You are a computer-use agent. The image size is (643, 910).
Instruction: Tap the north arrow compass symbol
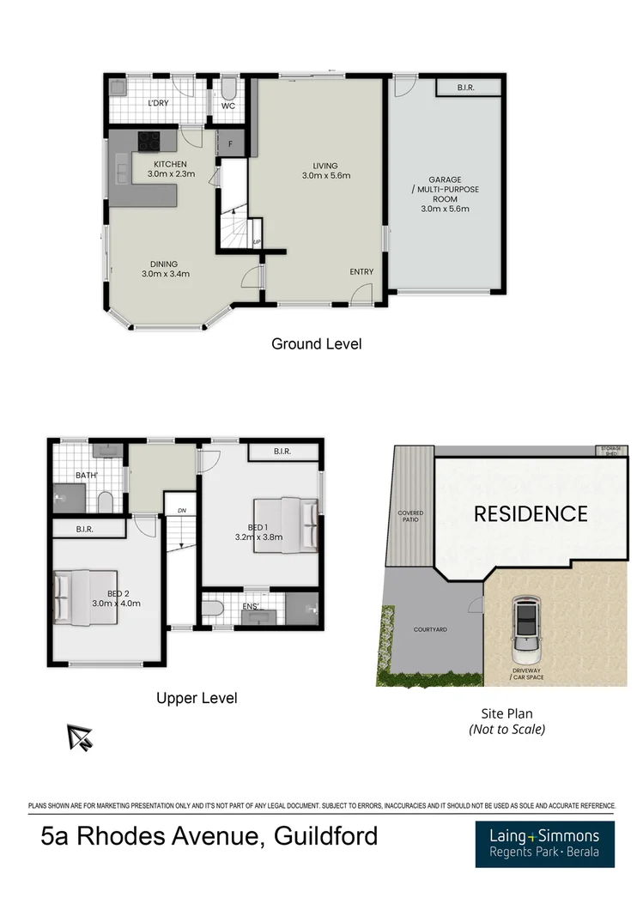click(80, 736)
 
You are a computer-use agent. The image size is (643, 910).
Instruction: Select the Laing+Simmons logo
click(544, 843)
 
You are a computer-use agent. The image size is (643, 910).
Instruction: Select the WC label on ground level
click(228, 106)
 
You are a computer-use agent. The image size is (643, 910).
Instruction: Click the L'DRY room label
click(158, 105)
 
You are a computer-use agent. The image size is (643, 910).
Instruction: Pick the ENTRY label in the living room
click(361, 272)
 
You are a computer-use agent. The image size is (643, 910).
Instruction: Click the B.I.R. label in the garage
click(467, 87)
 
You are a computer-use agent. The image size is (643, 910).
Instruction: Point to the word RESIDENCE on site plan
click(531, 514)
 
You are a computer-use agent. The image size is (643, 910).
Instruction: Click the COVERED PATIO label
click(410, 516)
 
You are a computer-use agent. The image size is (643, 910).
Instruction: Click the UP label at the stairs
click(257, 243)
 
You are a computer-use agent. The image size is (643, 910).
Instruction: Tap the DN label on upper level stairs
click(182, 511)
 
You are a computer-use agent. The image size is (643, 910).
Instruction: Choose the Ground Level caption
click(316, 344)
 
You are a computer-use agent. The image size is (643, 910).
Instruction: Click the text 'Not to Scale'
click(507, 730)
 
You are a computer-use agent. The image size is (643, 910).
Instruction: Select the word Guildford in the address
click(325, 835)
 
